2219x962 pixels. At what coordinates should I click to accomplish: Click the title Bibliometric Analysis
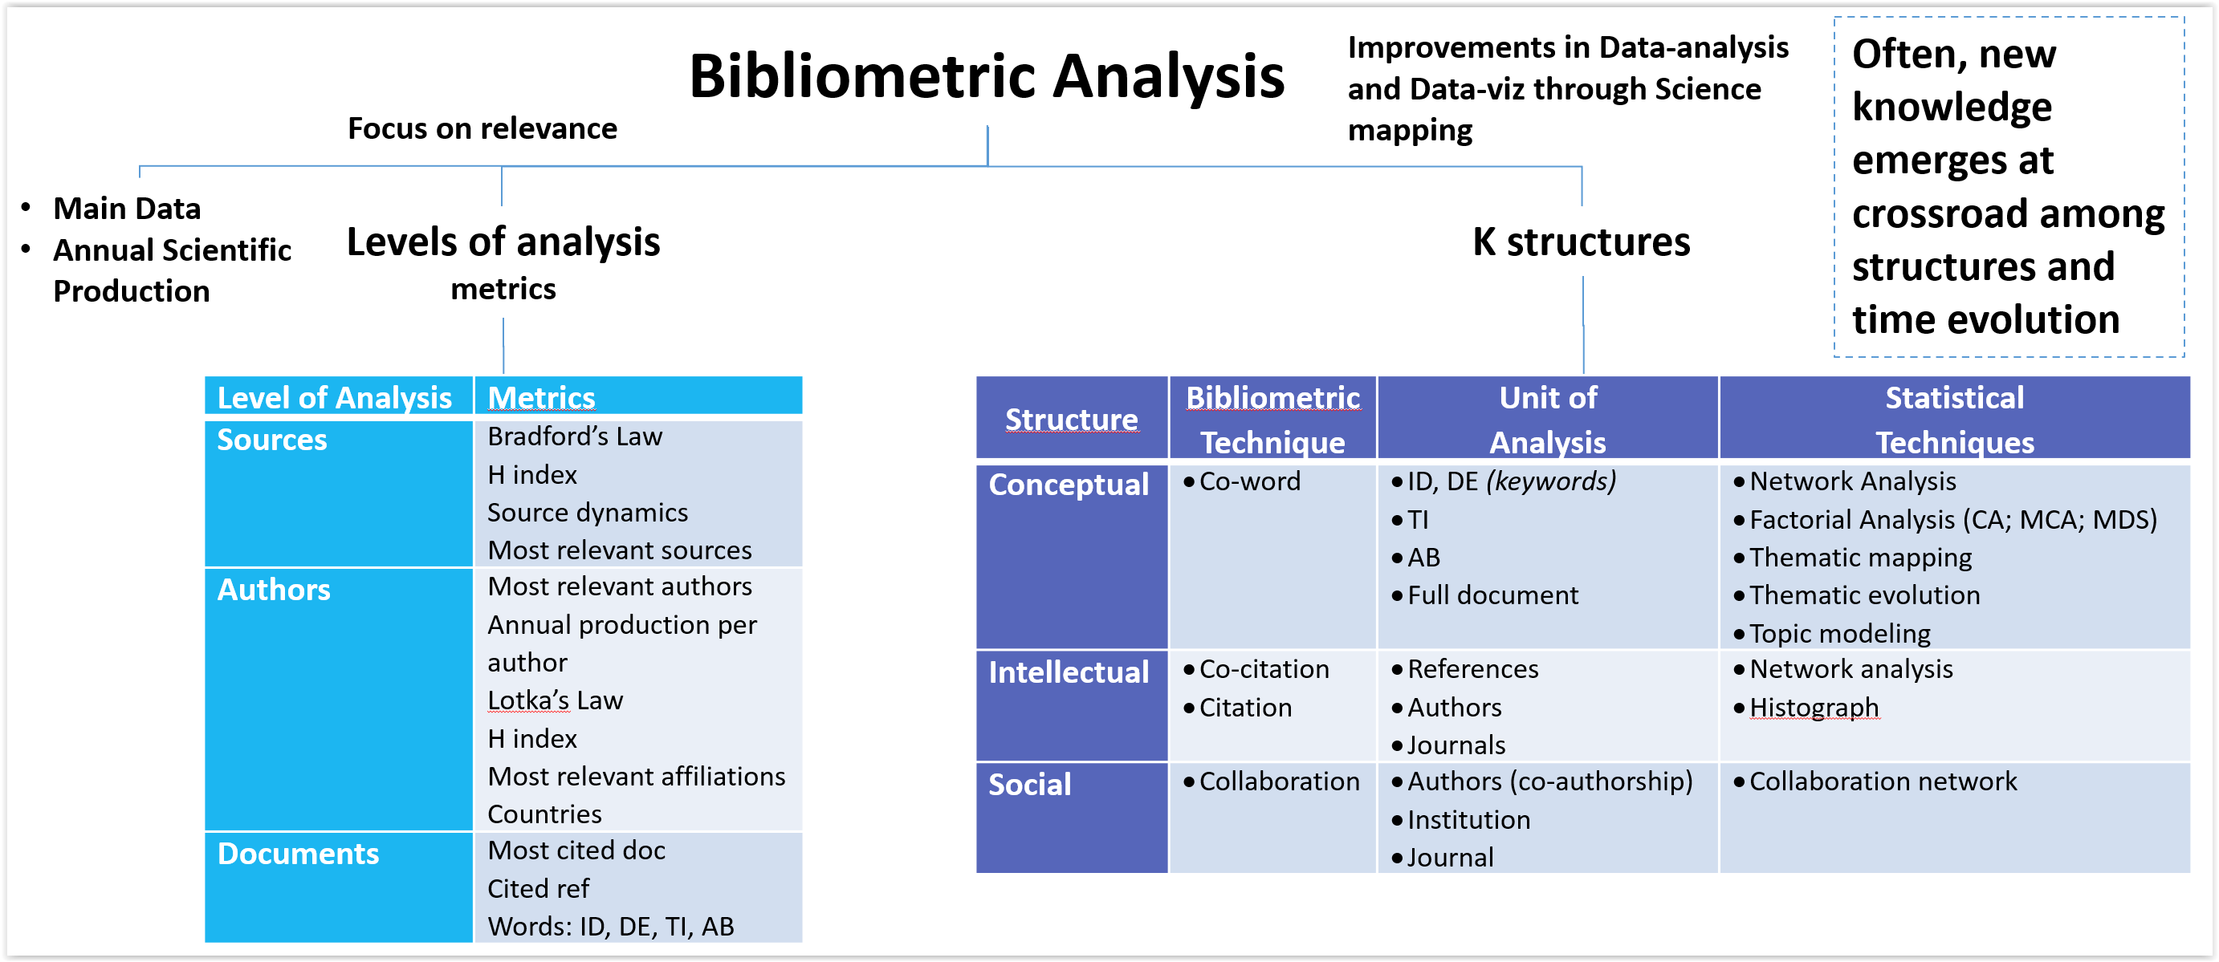coord(987,77)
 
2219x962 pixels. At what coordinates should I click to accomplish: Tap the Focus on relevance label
coord(482,128)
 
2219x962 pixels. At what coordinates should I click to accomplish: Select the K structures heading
coord(1581,242)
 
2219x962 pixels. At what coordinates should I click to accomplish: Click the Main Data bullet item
coord(127,209)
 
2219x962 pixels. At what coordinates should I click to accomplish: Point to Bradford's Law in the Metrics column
coord(575,436)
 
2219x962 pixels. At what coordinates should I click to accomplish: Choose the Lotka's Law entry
coord(555,700)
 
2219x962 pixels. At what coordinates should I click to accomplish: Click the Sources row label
coord(272,440)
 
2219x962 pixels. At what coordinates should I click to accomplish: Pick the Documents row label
coord(298,854)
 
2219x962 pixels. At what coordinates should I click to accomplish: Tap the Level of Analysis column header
coord(334,398)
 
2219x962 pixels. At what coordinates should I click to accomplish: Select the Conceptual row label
coord(1068,485)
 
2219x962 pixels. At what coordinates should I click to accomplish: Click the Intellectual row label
coord(1068,672)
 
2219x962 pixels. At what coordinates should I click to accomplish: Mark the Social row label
coord(1029,785)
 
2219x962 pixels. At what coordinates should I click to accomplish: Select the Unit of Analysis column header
coord(1548,420)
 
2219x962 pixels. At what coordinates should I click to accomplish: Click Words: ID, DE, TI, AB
coord(611,927)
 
